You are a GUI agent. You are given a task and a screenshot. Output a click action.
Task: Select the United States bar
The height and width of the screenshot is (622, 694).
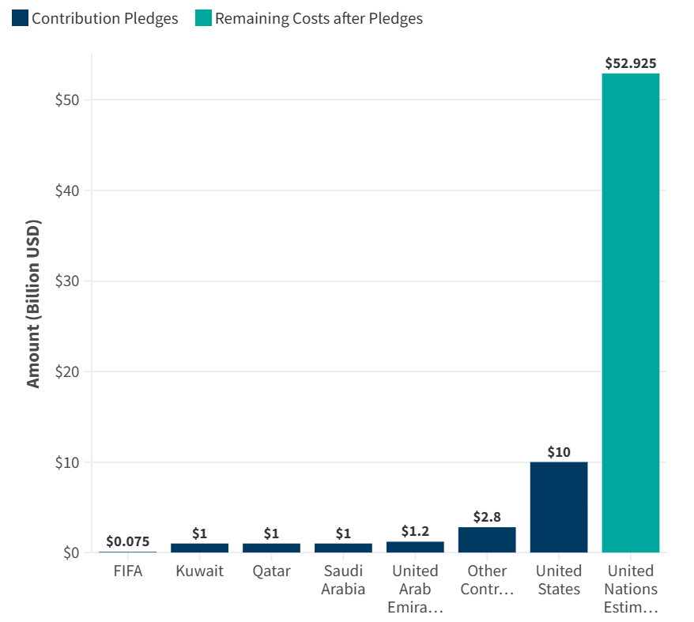559,507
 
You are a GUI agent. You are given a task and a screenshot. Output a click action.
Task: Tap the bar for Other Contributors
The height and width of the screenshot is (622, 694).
487,540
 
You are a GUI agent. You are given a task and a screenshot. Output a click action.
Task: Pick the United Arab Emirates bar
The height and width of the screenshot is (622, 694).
415,547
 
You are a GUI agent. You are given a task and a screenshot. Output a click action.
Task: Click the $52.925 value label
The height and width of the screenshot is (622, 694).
630,63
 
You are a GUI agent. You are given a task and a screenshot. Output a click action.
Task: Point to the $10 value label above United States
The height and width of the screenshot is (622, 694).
559,452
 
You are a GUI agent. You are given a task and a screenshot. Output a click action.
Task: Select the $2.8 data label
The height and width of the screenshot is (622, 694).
487,517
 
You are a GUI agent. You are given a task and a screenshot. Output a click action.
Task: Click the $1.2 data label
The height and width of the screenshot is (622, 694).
415,531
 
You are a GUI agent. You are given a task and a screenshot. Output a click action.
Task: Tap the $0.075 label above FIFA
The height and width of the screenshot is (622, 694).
128,541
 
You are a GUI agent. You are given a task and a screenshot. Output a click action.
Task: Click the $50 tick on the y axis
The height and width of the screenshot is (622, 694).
67,100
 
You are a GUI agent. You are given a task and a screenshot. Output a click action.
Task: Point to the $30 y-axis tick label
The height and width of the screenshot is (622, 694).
67,281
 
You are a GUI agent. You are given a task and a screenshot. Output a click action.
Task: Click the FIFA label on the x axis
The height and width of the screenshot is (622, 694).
128,571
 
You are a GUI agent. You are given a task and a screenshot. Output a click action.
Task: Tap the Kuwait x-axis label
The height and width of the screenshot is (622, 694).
199,571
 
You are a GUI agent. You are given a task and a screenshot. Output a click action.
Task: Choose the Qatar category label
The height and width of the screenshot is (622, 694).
271,571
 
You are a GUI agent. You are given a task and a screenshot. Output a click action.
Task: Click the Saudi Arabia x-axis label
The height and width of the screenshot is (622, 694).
343,579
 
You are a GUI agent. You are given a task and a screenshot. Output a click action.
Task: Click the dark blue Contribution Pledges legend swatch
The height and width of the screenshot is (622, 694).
20,18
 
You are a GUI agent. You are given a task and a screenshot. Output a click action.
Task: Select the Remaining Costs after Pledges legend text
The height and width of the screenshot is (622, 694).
319,18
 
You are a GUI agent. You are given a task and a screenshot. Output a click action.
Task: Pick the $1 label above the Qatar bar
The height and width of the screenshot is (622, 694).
271,533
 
